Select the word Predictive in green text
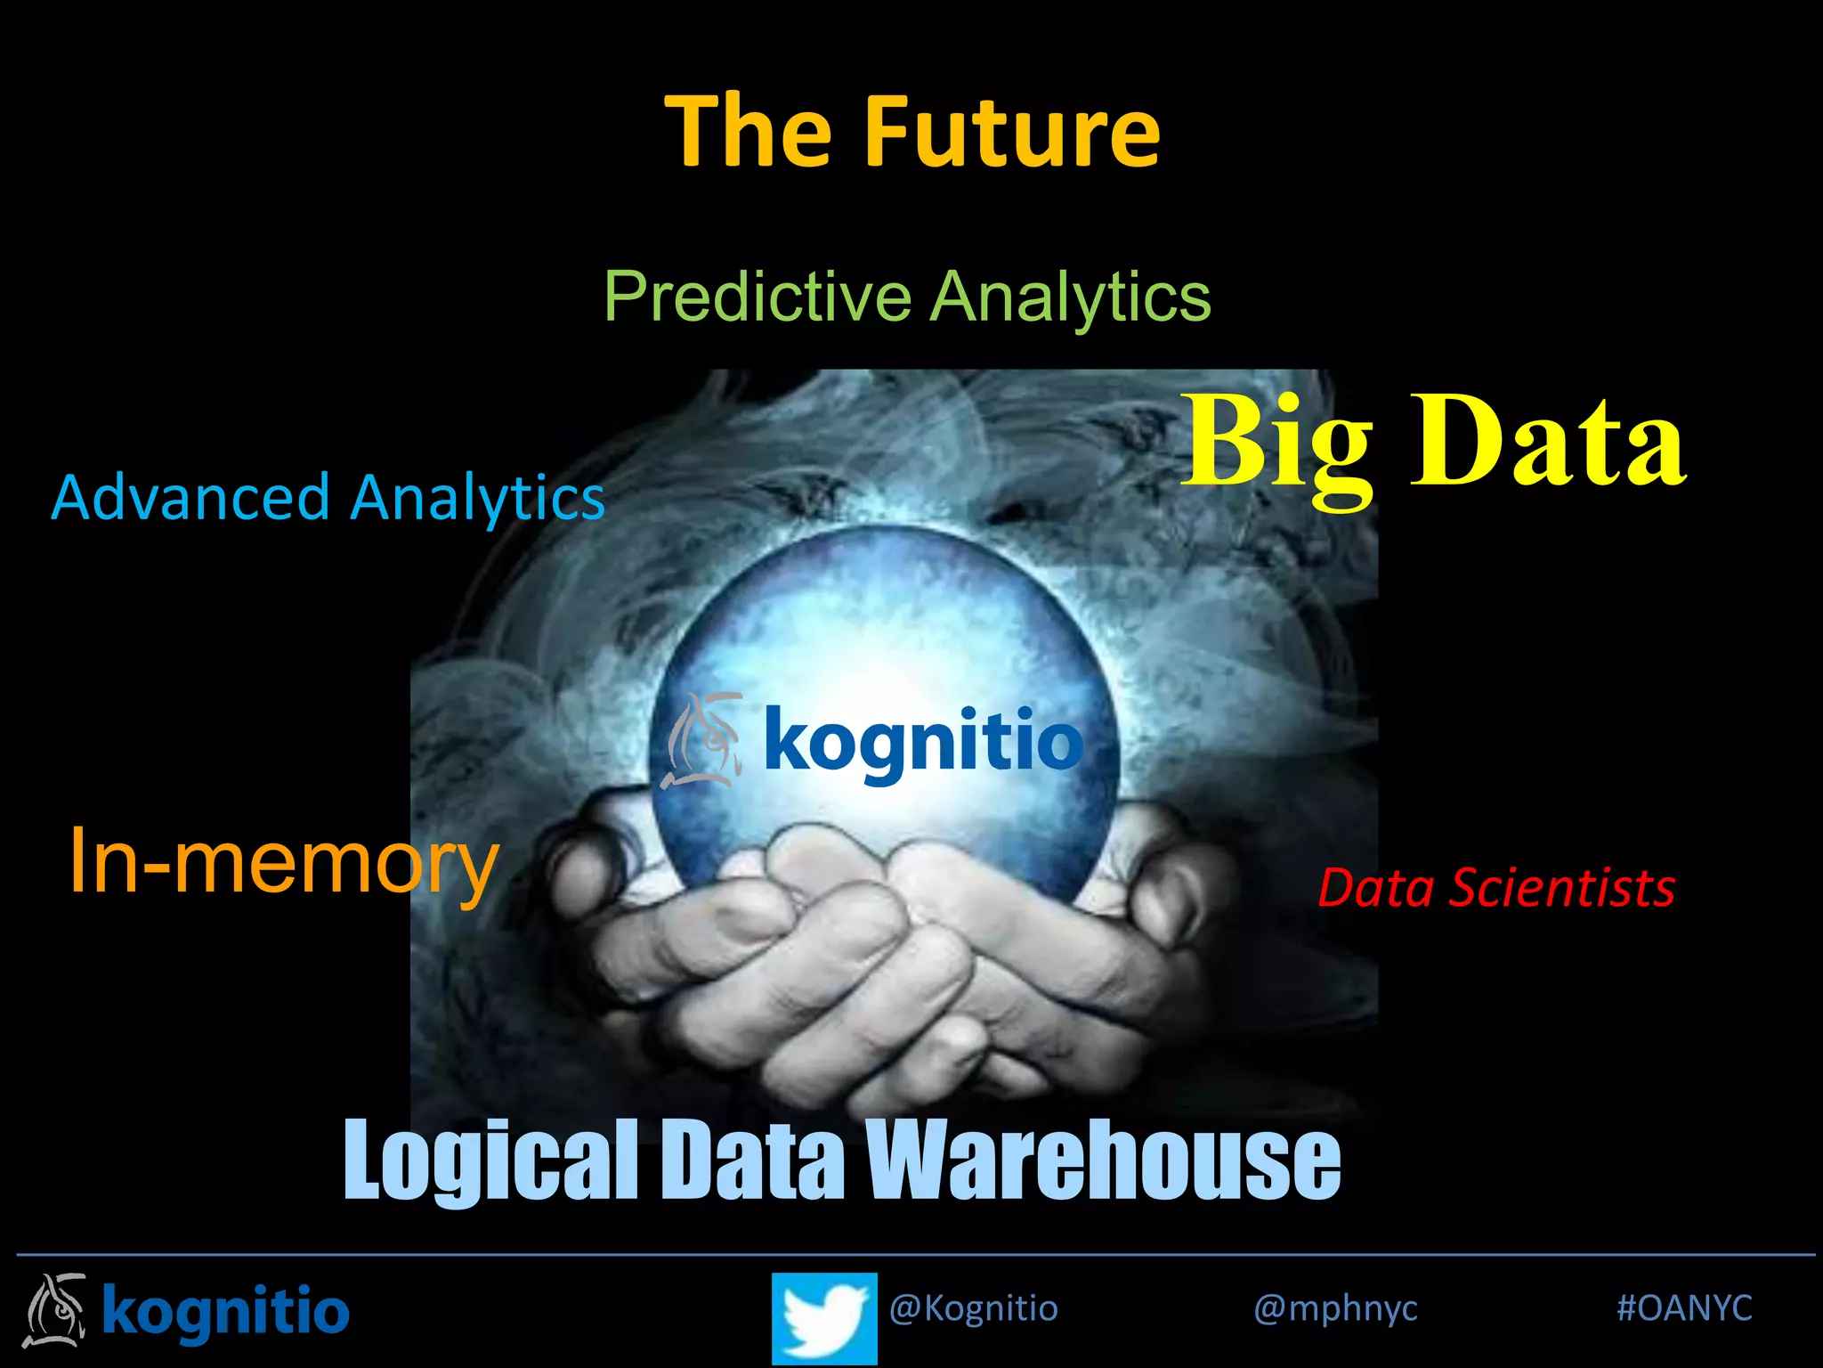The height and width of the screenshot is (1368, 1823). pos(758,296)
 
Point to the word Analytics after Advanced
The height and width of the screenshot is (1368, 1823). pos(478,499)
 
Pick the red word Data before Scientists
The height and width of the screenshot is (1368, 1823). pos(1375,888)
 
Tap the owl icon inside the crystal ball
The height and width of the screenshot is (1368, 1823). pos(704,740)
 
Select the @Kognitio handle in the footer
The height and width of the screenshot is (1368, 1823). pos(973,1308)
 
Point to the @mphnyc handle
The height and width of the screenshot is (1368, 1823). pos(1335,1308)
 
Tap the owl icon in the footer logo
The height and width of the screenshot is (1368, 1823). pos(56,1310)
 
